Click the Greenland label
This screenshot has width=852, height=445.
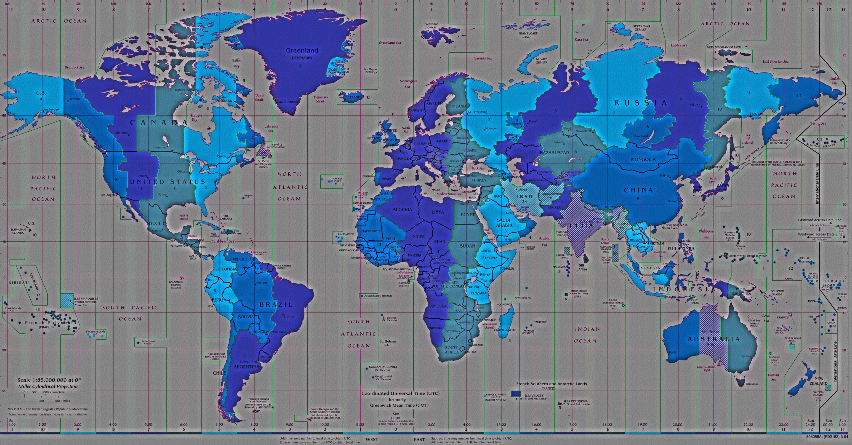(302, 51)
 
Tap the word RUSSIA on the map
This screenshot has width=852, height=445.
(641, 103)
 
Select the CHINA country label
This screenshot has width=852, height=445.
(638, 190)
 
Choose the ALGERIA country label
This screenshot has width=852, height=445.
(402, 210)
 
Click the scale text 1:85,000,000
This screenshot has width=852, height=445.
(49, 380)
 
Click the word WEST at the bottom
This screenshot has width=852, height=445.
(372, 440)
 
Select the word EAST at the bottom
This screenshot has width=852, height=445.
(419, 440)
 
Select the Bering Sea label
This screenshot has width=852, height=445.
(818, 123)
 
